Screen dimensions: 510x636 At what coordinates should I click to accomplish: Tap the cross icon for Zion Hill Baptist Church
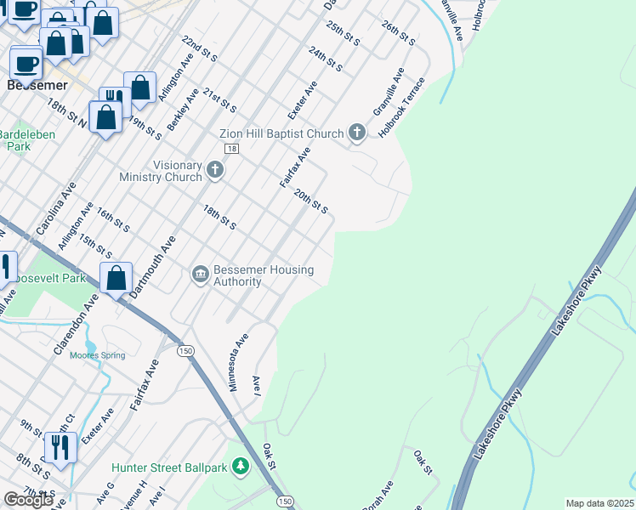[357, 133]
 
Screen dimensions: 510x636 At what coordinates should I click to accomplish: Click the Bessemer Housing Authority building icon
[201, 273]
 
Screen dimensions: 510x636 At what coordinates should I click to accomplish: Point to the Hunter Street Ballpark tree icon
[241, 467]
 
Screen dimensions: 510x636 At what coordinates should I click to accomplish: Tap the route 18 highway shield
[231, 149]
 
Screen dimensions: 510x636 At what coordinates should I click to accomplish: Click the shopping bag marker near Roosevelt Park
[116, 278]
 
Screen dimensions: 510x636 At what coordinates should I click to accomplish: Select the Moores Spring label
[97, 355]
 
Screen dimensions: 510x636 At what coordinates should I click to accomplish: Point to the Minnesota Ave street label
[238, 360]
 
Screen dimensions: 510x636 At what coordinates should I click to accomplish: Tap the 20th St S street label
[310, 202]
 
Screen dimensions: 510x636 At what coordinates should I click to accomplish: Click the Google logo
[28, 499]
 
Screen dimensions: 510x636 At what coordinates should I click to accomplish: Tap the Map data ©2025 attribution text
[599, 503]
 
